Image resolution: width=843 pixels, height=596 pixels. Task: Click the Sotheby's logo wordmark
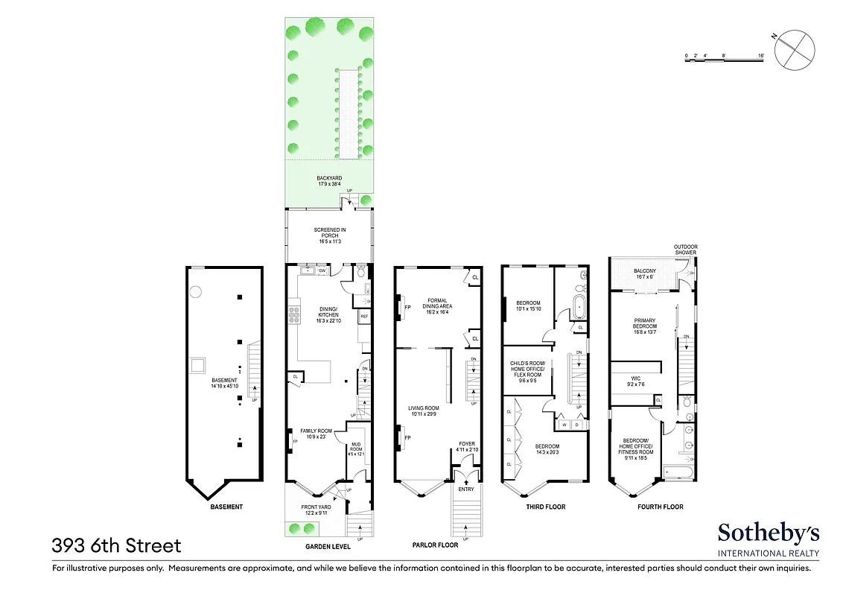[768, 533]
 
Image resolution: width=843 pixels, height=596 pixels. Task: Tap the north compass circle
[794, 49]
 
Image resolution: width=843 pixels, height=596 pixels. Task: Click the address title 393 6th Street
[116, 546]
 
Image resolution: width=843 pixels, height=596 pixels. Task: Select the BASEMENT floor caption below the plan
[226, 507]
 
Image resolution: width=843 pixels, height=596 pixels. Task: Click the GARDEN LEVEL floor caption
[328, 546]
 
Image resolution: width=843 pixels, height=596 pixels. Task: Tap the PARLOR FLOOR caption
[436, 545]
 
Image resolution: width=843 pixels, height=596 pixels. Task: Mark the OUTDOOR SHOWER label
[686, 250]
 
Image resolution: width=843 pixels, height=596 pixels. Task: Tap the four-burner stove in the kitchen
[294, 315]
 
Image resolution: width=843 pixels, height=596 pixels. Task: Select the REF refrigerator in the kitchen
[364, 317]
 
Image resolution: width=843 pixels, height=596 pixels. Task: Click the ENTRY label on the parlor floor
[465, 489]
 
